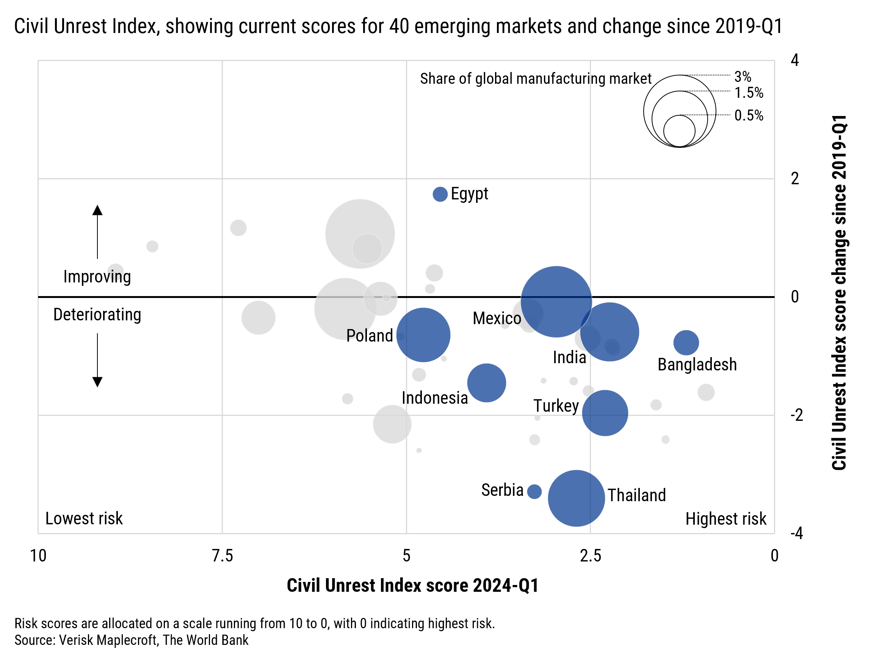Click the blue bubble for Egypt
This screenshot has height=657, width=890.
[x=440, y=194]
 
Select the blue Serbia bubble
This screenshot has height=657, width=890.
[x=534, y=492]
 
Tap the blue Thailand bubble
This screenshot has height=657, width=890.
[x=576, y=498]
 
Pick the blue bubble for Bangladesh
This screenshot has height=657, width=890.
[x=686, y=342]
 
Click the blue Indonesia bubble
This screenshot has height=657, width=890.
[x=486, y=383]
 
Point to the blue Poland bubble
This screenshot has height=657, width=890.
[x=423, y=335]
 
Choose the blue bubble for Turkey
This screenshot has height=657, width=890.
[x=605, y=413]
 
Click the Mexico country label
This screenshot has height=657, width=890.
[x=497, y=318]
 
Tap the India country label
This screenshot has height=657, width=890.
[x=569, y=357]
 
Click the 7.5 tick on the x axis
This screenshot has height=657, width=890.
[x=222, y=555]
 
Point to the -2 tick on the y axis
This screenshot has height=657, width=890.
[x=796, y=415]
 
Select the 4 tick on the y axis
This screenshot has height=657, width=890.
[x=794, y=60]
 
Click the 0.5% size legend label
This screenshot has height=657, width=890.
[x=749, y=115]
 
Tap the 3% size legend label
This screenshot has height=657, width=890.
[x=743, y=76]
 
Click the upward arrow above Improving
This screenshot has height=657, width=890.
[x=97, y=230]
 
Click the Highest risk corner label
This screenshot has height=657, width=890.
[x=726, y=519]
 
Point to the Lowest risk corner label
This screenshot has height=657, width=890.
[x=84, y=518]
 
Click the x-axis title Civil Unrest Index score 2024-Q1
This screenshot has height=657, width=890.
[x=412, y=585]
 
